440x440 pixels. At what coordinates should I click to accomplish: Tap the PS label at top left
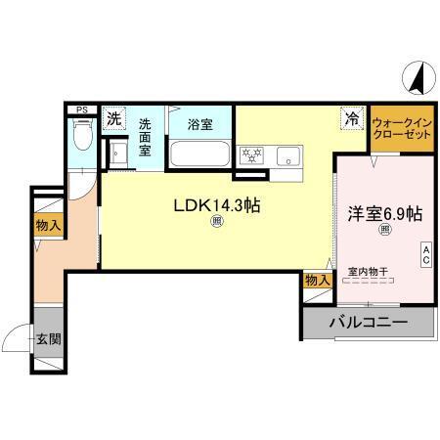(x=81, y=110)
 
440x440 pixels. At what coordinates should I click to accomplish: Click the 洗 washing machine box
(x=114, y=120)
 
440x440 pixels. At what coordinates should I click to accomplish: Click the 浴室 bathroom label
(x=200, y=124)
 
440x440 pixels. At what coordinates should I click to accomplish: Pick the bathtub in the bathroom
(x=200, y=154)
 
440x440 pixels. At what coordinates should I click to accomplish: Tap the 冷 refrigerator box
(x=350, y=117)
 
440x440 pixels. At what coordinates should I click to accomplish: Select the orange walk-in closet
(x=401, y=128)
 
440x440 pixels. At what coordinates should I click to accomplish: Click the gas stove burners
(x=253, y=154)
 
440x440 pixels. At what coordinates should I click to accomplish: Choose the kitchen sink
(x=289, y=154)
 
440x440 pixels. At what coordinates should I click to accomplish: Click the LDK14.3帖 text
(x=216, y=206)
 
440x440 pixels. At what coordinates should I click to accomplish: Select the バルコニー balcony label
(x=368, y=321)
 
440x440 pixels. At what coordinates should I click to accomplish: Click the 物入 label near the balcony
(x=317, y=281)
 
